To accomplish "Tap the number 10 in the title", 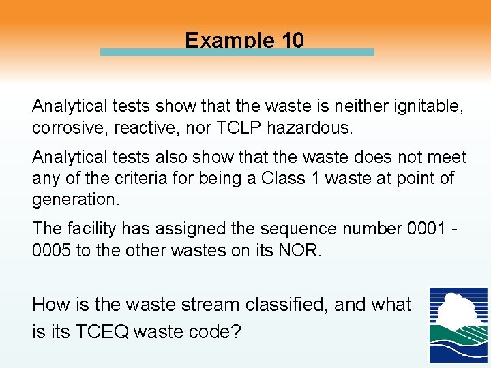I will coord(291,40).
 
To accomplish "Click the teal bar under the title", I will coord(237,52).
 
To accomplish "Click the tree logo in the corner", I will coord(458,324).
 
